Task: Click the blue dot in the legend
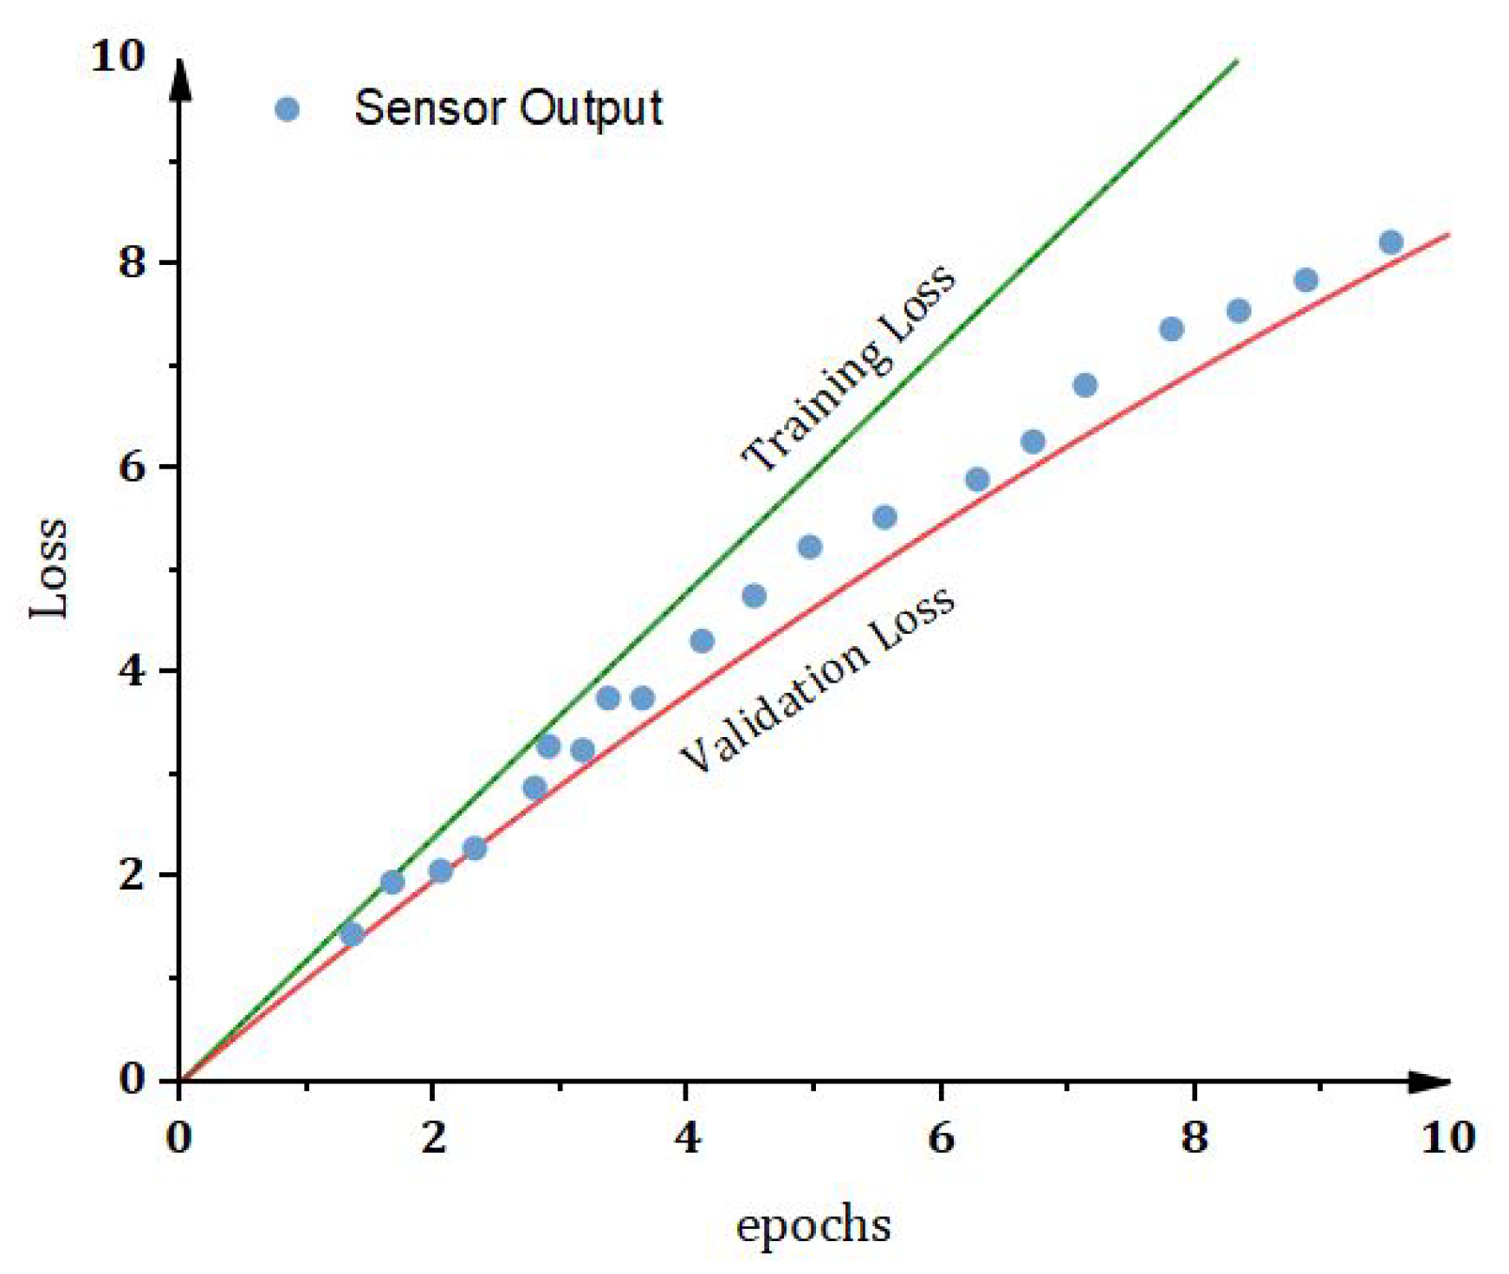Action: pos(287,109)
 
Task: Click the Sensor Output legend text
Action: pos(508,109)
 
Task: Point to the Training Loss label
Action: pos(848,369)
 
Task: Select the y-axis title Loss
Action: pos(49,567)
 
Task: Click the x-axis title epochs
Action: pos(813,1225)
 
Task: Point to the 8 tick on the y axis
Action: pos(132,261)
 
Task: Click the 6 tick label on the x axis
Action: pos(941,1137)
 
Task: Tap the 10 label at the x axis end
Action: pos(1447,1137)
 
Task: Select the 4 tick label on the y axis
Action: pos(132,670)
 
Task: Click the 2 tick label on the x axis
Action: pos(433,1137)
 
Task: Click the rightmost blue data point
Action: pos(1390,243)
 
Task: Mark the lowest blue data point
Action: pos(352,934)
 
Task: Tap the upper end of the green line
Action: pos(1236,61)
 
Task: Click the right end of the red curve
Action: pos(1447,235)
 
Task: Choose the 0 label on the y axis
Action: pos(132,1079)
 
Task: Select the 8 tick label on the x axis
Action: pos(1194,1137)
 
